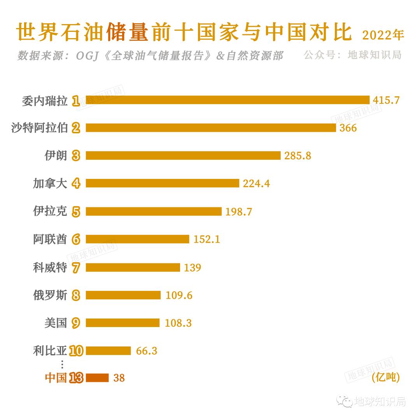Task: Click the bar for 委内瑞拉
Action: [227, 100]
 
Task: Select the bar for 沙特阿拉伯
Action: [211, 128]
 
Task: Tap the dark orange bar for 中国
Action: [97, 378]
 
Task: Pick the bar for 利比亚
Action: [108, 351]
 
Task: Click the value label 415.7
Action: [386, 100]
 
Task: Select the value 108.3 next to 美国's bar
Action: [178, 323]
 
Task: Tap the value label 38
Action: [119, 378]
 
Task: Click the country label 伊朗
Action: [56, 156]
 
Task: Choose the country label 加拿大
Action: [50, 183]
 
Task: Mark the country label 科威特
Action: [50, 268]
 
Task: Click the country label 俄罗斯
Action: [50, 295]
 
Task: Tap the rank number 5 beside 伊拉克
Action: [76, 212]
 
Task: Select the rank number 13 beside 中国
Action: [76, 378]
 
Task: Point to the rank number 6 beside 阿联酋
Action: [76, 240]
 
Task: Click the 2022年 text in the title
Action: [383, 35]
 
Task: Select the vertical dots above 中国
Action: [62, 364]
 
